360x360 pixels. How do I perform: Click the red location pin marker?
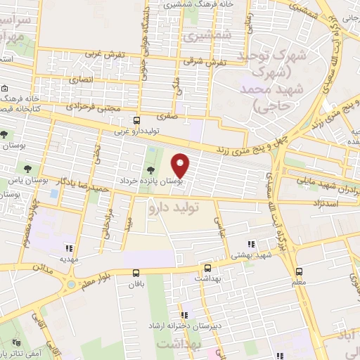pos(181,165)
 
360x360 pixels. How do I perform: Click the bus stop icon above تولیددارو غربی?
pos(139,120)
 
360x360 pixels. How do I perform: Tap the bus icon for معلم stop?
pos(300,271)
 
